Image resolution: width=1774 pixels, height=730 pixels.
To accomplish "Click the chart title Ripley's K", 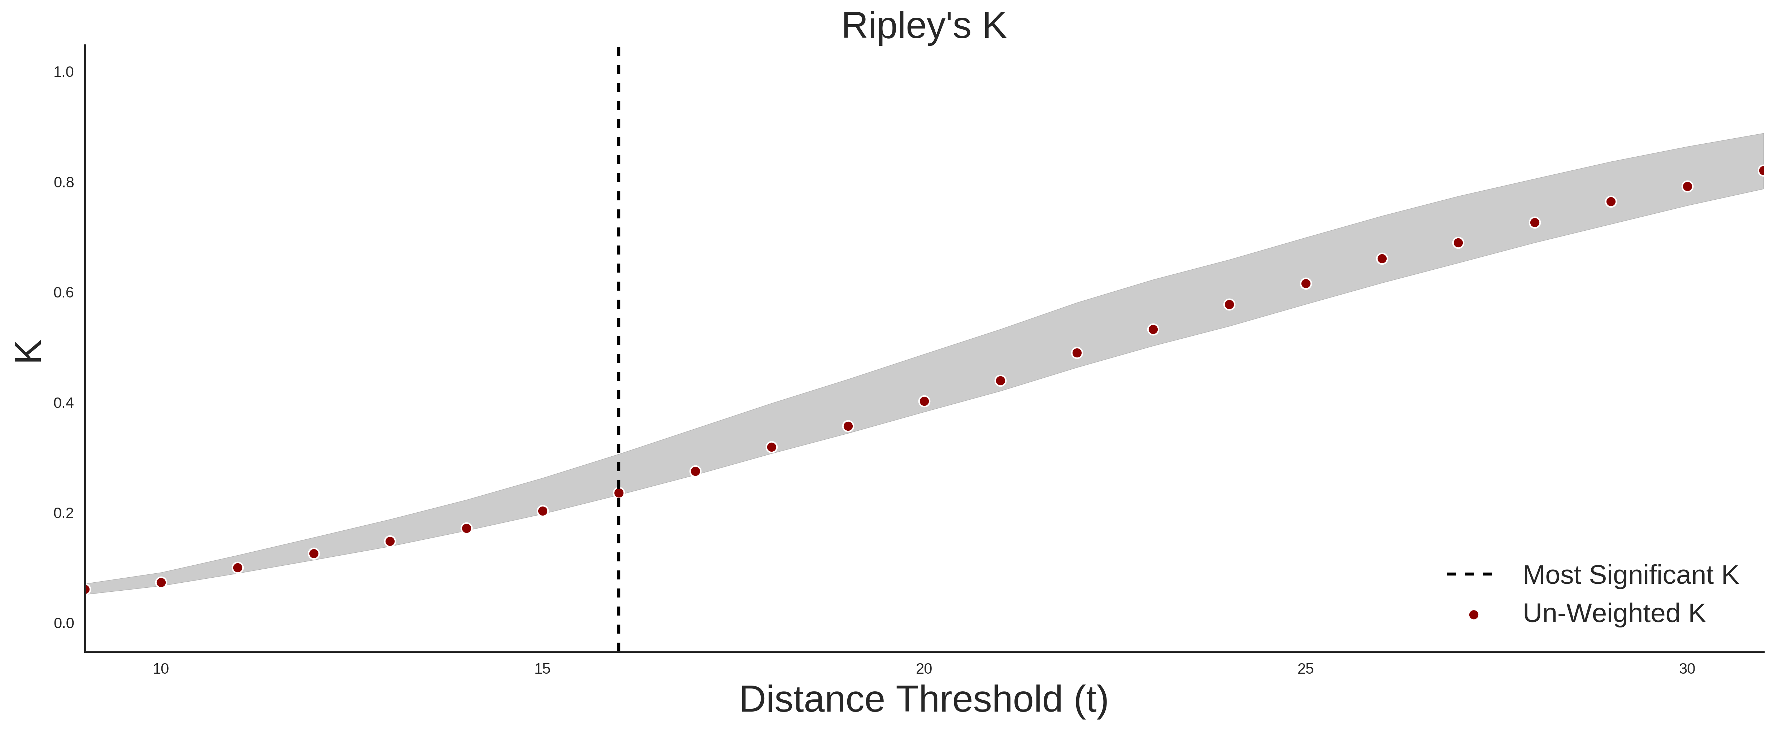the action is click(923, 26).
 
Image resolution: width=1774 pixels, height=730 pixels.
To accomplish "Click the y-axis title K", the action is click(28, 351).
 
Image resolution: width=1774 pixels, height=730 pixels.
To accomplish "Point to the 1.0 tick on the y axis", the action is click(64, 72).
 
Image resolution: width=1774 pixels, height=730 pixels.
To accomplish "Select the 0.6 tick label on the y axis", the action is click(64, 293).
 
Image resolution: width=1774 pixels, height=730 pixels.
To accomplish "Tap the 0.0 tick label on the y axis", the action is click(64, 623).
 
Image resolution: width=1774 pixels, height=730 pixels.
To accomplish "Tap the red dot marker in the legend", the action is click(1473, 615).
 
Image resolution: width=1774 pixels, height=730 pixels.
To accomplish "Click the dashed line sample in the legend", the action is click(1470, 574).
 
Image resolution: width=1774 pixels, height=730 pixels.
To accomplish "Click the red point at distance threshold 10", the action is click(161, 583).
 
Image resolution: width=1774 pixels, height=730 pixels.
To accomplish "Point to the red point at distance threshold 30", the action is click(1687, 187).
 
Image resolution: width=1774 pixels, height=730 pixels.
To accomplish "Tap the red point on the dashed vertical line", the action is click(618, 493).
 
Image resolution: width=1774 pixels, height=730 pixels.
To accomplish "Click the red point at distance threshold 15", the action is click(543, 511).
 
